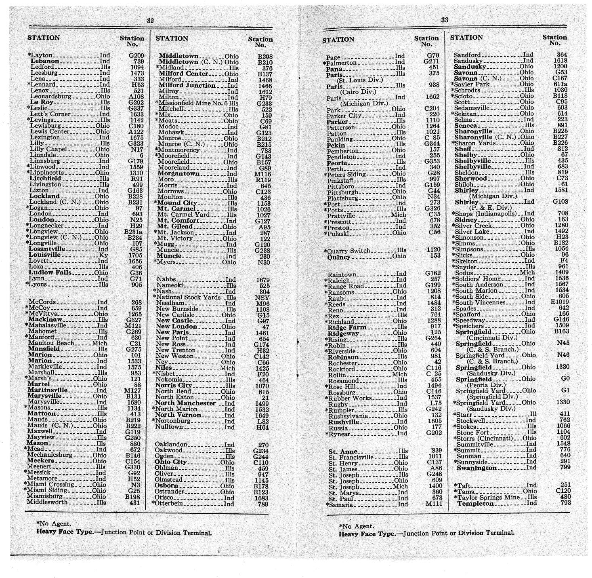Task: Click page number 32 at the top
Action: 150,21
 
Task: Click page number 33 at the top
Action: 445,20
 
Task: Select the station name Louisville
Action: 45,255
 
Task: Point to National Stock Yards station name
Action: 185,297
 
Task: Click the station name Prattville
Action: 341,215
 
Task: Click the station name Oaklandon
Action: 171,445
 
